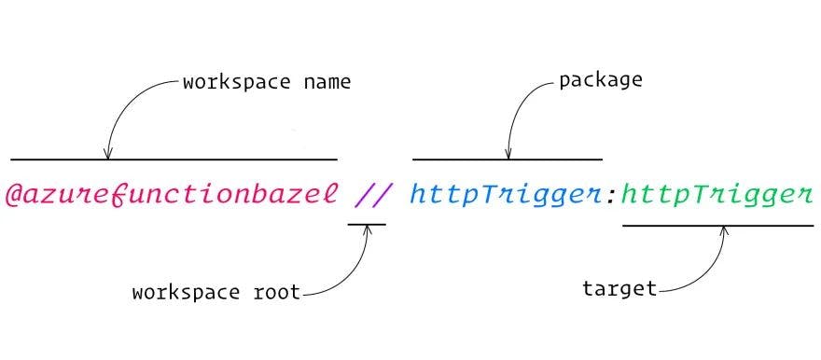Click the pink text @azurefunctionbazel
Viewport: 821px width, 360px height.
(x=173, y=196)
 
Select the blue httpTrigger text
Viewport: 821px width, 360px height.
(x=505, y=196)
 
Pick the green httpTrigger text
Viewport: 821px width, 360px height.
(x=716, y=196)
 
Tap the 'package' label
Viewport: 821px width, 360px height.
(x=600, y=79)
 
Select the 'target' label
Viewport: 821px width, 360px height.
(x=619, y=288)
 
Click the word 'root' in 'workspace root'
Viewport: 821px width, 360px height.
(x=276, y=292)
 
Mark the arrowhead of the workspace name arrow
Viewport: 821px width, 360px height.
(x=108, y=154)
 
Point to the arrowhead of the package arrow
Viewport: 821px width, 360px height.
(x=508, y=154)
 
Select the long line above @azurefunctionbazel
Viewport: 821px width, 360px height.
(x=174, y=159)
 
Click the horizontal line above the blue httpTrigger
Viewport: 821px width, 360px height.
(x=507, y=159)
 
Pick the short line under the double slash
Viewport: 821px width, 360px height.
(x=366, y=225)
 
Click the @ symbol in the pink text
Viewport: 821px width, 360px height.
(x=16, y=196)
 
